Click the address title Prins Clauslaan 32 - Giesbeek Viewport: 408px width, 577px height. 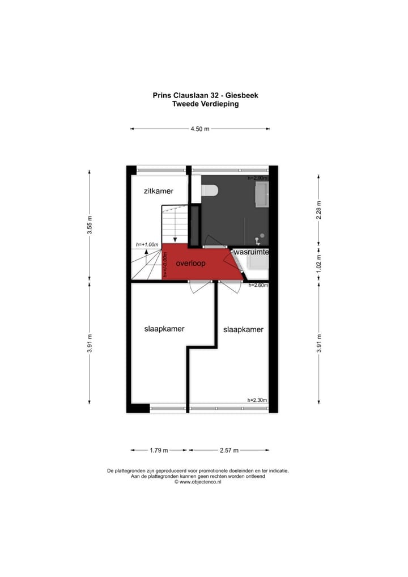pos(205,95)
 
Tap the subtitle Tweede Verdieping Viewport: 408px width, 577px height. pos(205,104)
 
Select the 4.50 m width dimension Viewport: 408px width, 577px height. pos(199,129)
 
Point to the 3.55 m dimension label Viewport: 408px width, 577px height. pos(90,224)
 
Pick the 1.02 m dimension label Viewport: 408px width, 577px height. pos(319,263)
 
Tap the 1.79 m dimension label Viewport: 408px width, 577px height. pos(158,451)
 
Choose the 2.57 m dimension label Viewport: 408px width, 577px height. pos(229,451)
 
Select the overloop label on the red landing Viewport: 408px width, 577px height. pos(190,264)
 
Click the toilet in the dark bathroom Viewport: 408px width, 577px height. pos(210,190)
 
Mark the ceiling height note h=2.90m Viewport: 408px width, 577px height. pos(258,178)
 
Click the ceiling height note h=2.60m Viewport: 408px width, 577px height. pos(258,285)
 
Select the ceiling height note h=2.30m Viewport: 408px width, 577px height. pos(257,400)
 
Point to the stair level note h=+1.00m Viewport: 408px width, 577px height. pos(147,244)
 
